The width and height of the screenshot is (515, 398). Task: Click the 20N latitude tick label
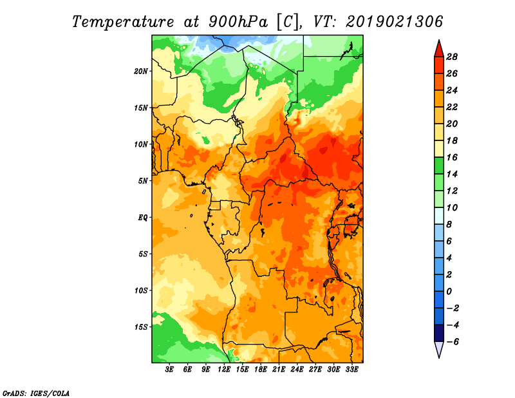[x=141, y=71]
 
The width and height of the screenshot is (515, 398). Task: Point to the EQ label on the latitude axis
[x=142, y=217]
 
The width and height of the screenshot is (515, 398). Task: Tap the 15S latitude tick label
[x=141, y=327]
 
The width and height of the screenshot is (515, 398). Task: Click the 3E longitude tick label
[x=170, y=370]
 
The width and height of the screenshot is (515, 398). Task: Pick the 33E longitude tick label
[x=352, y=370]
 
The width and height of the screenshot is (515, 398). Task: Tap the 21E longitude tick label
[x=279, y=370]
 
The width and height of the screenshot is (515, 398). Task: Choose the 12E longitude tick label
[x=224, y=370]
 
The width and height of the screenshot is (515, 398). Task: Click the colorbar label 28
[x=452, y=56]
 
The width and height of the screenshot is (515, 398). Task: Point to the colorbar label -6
[x=452, y=341]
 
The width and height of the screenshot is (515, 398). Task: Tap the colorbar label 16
[x=452, y=156]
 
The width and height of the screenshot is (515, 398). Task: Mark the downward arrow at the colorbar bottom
[x=438, y=349]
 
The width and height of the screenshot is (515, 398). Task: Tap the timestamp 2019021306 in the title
[x=395, y=21]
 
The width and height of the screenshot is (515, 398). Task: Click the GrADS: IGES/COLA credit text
[x=35, y=392]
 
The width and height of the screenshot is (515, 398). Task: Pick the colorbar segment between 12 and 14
[x=438, y=182]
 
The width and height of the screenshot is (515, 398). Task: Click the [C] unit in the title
[x=289, y=21]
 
